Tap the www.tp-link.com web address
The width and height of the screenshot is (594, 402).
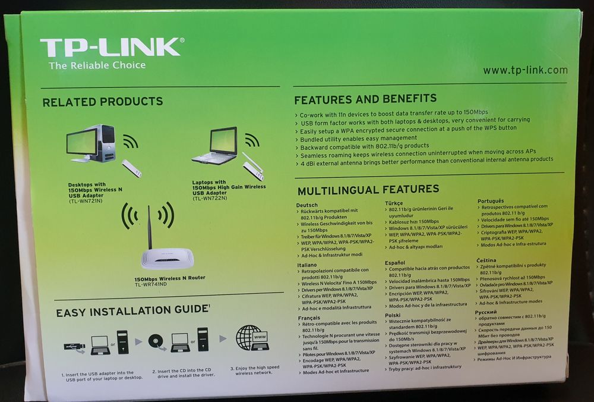[525, 70]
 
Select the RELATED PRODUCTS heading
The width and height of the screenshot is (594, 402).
[102, 102]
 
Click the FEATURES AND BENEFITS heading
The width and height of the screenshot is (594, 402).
[365, 99]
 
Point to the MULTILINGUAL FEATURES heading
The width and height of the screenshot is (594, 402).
[368, 190]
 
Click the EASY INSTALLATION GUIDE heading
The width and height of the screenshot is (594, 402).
[132, 311]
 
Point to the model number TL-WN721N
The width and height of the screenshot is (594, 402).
[86, 201]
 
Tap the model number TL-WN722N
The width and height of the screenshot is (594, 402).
[211, 198]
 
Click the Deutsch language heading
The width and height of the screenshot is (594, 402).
[307, 205]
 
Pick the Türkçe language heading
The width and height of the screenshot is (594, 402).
[394, 203]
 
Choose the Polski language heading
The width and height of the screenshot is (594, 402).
[393, 315]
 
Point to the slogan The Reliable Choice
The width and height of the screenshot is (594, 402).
[97, 65]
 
